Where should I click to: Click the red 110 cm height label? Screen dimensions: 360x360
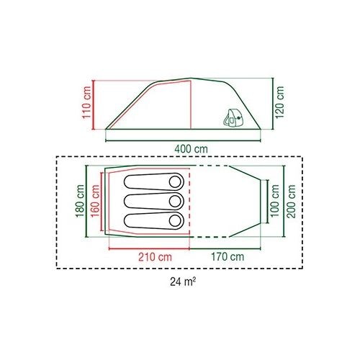click(86, 102)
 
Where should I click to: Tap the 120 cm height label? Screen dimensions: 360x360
click(280, 102)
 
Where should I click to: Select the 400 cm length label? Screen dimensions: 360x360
click(191, 149)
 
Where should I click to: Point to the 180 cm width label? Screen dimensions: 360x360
click(80, 201)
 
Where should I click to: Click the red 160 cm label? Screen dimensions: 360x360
click(96, 201)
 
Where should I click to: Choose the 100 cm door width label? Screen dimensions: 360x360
click(275, 201)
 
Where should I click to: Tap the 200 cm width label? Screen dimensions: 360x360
click(291, 201)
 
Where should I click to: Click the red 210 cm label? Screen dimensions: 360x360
click(155, 257)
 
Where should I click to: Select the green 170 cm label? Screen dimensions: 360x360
click(228, 257)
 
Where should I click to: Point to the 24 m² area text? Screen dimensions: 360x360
click(183, 282)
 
